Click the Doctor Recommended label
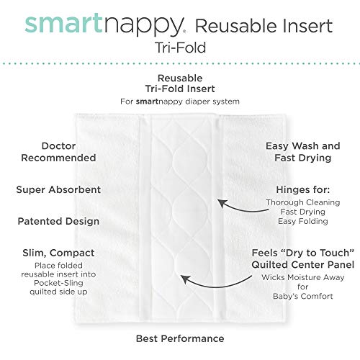[x=58, y=150]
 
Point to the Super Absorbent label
[x=58, y=190]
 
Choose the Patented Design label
[x=58, y=221]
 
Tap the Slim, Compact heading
[x=58, y=253]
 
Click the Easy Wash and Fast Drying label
[x=297, y=150]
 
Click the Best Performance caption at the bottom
[x=180, y=338]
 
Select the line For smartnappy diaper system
[x=180, y=100]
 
